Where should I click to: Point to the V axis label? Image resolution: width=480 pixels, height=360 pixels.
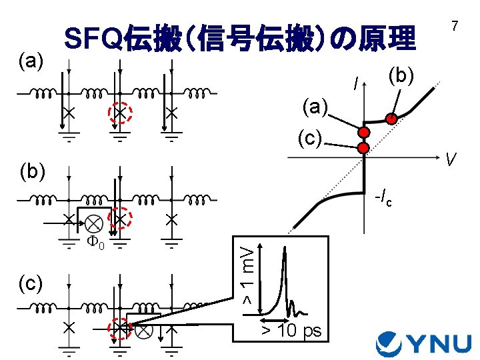[451, 160]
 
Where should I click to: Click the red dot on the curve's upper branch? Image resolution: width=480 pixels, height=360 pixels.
[393, 119]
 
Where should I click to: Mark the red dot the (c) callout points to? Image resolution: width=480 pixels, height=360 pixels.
[363, 147]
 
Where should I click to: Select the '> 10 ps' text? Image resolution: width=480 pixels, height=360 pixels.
[291, 331]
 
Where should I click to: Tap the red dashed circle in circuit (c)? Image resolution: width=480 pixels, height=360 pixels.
[120, 329]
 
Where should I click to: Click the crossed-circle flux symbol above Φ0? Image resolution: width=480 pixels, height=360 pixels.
[93, 222]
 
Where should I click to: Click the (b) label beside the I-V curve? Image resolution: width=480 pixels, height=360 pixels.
[401, 75]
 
